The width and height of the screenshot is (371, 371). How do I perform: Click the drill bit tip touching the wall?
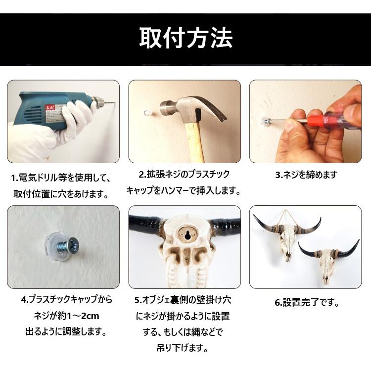click(113, 103)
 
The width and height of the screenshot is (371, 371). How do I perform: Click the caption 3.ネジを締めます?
click(306, 175)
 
